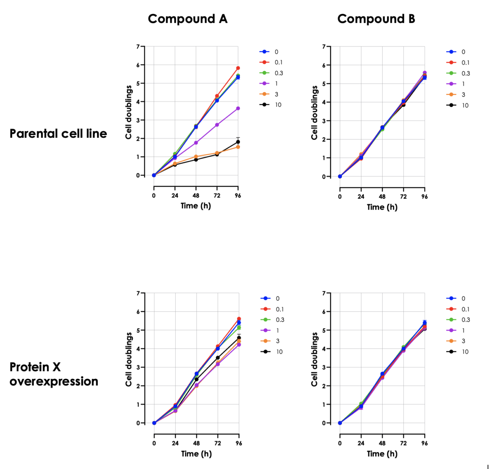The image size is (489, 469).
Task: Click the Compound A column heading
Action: point(187,19)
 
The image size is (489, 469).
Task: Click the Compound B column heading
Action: point(376,19)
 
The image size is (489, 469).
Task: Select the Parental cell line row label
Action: point(58,134)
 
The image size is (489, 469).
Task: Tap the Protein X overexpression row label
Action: point(54,374)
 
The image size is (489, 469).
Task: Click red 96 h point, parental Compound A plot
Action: point(238,68)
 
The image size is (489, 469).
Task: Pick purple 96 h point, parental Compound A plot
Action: point(238,108)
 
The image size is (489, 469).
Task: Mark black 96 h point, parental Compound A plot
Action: point(238,142)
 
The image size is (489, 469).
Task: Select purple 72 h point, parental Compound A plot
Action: point(217,125)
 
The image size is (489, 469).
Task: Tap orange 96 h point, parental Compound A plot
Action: point(238,147)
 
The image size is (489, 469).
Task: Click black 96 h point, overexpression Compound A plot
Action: point(239,338)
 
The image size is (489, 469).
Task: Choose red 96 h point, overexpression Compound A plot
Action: point(239,319)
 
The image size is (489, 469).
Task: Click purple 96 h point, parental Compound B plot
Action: point(425,73)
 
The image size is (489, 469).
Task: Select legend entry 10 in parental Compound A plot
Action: point(278,105)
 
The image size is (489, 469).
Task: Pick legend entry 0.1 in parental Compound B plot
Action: point(465,63)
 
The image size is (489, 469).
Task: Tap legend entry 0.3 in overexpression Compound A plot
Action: point(280,320)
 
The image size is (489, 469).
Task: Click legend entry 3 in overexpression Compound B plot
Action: point(463,341)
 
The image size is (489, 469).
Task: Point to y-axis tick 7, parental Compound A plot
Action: point(138,46)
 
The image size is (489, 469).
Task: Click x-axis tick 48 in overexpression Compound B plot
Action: point(382,443)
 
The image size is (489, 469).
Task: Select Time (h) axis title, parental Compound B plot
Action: point(382,207)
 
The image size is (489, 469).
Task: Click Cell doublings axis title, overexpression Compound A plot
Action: point(129,359)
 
